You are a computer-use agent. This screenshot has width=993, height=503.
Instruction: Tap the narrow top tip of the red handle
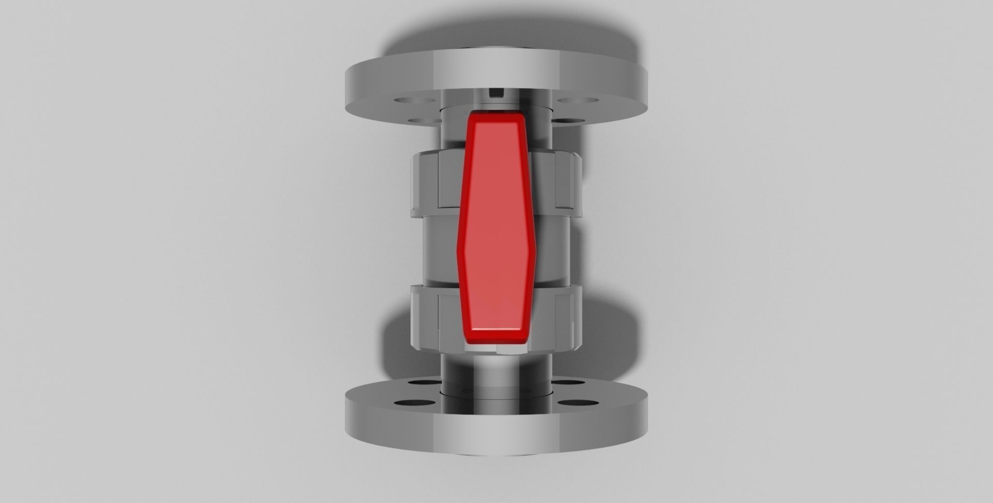[x=495, y=120]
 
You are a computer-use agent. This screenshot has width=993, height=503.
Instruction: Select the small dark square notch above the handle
[x=496, y=93]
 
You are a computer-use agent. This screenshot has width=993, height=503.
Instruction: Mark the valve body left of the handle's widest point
[x=440, y=250]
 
